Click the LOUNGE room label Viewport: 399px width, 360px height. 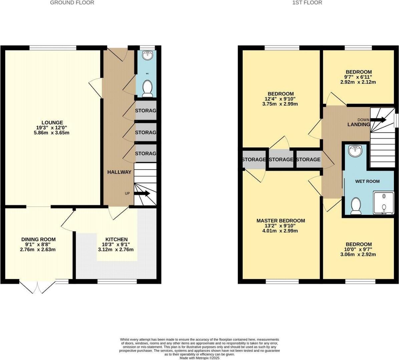pyautogui.click(x=52, y=123)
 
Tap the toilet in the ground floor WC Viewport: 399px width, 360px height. pyautogui.click(x=147, y=88)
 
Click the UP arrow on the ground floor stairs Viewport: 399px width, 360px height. pyautogui.click(x=142, y=194)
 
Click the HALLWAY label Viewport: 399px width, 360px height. pyautogui.click(x=119, y=172)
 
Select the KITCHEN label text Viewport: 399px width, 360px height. pyautogui.click(x=116, y=239)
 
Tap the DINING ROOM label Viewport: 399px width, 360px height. pyautogui.click(x=38, y=239)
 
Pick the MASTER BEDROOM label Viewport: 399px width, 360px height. pyautogui.click(x=281, y=221)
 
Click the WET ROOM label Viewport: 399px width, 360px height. pyautogui.click(x=367, y=181)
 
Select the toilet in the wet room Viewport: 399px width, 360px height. pyautogui.click(x=356, y=206)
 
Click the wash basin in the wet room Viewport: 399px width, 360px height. pyautogui.click(x=355, y=151)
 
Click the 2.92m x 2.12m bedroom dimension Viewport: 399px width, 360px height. pyautogui.click(x=358, y=82)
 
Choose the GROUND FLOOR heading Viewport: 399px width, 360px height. pyautogui.click(x=72, y=3)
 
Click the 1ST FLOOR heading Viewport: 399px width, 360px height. pyautogui.click(x=307, y=3)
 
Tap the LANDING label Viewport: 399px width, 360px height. pyautogui.click(x=359, y=124)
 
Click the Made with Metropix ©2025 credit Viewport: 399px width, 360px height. pyautogui.click(x=199, y=358)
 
